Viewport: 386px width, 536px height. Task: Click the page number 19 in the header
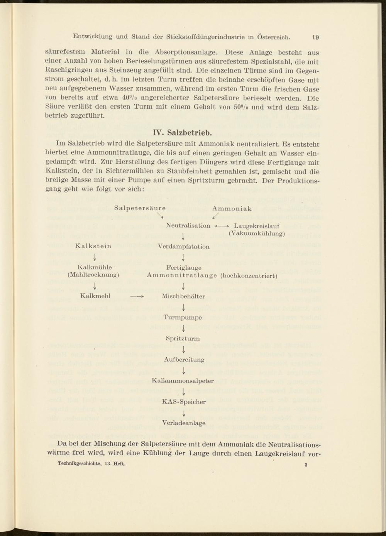pos(315,37)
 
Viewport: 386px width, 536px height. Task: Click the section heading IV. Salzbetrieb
pos(182,133)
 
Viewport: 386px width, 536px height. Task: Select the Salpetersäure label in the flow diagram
pos(140,208)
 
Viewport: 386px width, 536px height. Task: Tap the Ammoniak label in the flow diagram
pos(232,208)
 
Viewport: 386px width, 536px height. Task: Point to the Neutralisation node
pos(188,226)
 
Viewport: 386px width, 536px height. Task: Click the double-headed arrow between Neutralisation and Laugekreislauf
pos(222,226)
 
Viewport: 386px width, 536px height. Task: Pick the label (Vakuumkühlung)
pos(257,233)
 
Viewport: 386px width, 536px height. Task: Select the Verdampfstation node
pos(184,247)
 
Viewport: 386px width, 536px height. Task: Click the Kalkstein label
pos(93,246)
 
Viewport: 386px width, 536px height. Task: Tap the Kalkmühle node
pos(95,267)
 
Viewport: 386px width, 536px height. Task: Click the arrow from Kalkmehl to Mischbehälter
pos(137,297)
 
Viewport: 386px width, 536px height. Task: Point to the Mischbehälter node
pos(183,296)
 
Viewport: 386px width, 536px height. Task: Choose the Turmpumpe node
pos(183,318)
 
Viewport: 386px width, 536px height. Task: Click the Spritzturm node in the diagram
pos(183,338)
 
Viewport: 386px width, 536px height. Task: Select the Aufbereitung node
pos(184,360)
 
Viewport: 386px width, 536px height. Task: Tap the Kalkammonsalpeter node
pos(183,381)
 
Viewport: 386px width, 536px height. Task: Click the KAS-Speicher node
pos(184,402)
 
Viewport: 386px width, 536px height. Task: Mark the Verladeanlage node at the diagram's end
pos(184,423)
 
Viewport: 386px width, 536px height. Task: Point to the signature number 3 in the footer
pos(305,465)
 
